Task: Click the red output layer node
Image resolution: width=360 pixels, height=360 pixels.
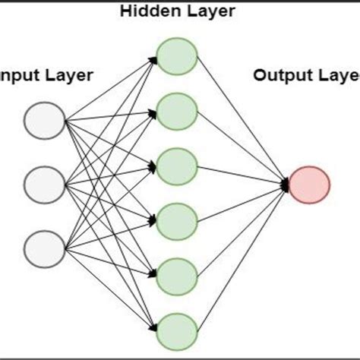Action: [310, 183]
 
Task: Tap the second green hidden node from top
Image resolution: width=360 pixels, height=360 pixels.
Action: [177, 112]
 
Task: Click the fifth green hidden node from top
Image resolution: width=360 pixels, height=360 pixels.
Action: [177, 273]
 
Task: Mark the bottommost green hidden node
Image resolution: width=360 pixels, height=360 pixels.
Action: [177, 327]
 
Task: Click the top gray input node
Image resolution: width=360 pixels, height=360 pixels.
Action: [45, 121]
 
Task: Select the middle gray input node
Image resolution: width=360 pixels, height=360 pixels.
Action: [45, 183]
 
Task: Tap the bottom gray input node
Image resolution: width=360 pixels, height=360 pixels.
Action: [45, 245]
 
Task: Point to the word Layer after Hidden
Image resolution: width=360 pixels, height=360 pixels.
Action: [213, 11]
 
